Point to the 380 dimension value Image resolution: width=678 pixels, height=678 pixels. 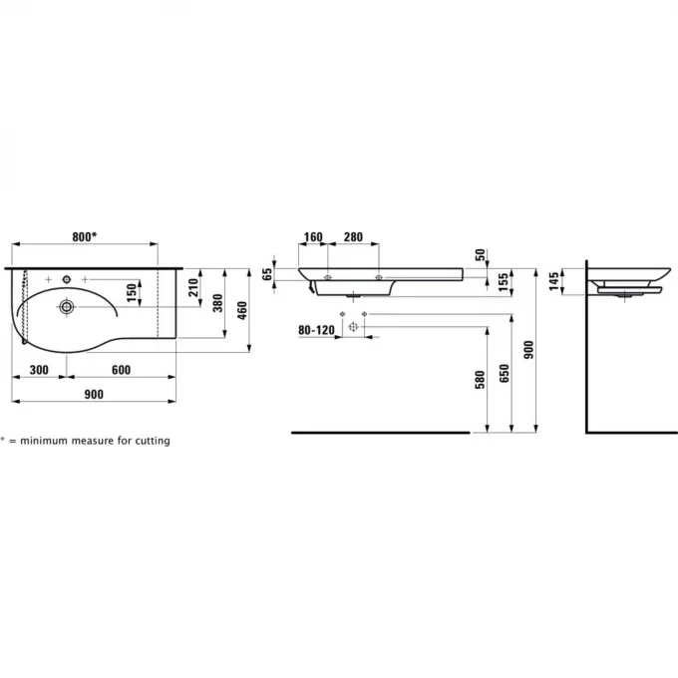coord(217,304)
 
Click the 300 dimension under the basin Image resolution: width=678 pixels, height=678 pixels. coord(40,370)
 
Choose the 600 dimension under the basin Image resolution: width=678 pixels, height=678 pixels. coord(121,370)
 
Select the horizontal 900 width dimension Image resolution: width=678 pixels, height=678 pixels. coord(94,395)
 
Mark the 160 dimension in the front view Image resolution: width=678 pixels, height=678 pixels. coord(313,238)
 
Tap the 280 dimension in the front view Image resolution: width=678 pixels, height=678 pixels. coord(353,238)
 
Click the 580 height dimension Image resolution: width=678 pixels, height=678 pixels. coord(480,380)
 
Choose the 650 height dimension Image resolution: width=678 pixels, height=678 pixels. coord(505,373)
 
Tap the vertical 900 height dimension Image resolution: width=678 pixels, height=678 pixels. coord(529,348)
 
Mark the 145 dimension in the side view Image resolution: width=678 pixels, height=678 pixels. coord(554,280)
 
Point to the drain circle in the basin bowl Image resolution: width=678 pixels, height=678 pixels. coord(66,306)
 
